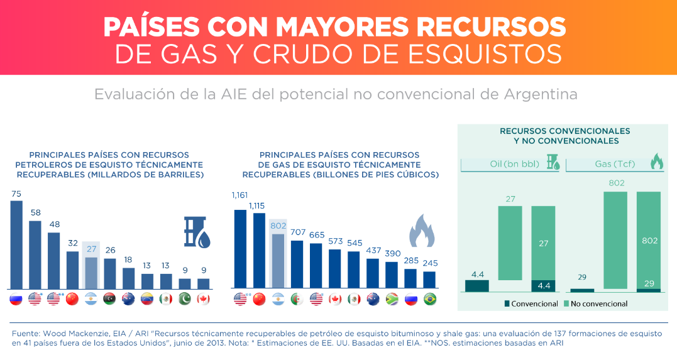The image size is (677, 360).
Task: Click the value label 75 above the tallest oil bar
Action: (x=16, y=194)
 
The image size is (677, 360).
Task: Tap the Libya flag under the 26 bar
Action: (x=109, y=299)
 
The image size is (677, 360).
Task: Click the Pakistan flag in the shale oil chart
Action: (x=185, y=299)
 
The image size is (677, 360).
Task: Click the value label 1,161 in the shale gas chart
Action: (x=239, y=195)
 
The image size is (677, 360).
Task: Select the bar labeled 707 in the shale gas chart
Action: (x=297, y=265)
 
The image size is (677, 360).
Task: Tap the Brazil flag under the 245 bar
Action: (x=430, y=299)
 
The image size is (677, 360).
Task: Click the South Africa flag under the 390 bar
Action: (x=392, y=299)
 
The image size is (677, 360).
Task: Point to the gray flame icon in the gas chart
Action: (x=422, y=231)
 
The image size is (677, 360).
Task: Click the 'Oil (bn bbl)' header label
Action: (x=514, y=164)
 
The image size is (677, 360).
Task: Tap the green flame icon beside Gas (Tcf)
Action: (x=656, y=162)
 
